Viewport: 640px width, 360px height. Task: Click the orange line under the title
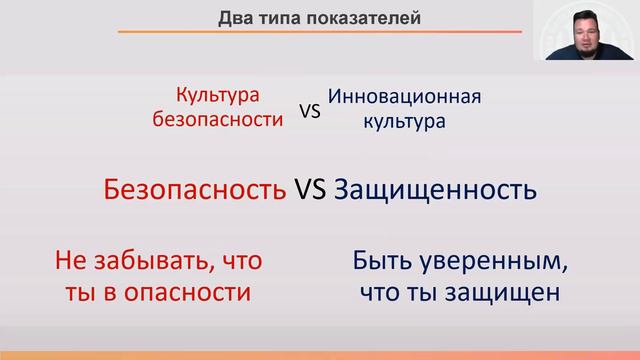tap(320, 33)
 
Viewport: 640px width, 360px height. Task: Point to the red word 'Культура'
tap(217, 95)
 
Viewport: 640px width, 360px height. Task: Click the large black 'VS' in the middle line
tap(312, 190)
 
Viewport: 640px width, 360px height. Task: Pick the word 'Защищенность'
tap(434, 190)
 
